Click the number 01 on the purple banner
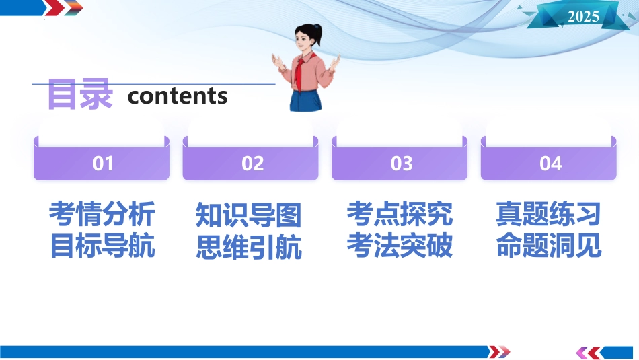click(103, 164)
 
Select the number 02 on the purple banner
click(253, 164)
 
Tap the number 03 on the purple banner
click(402, 164)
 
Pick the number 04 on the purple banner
click(551, 164)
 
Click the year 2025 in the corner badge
click(583, 16)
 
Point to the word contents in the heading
click(178, 96)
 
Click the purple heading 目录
click(80, 94)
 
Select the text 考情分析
click(102, 213)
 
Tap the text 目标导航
click(102, 246)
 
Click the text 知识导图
click(249, 215)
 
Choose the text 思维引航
click(249, 247)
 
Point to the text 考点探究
click(400, 213)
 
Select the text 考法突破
click(400, 246)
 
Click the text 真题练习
click(548, 213)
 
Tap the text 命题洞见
click(549, 246)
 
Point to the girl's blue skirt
click(305, 100)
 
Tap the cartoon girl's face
click(305, 41)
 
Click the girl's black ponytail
click(316, 34)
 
